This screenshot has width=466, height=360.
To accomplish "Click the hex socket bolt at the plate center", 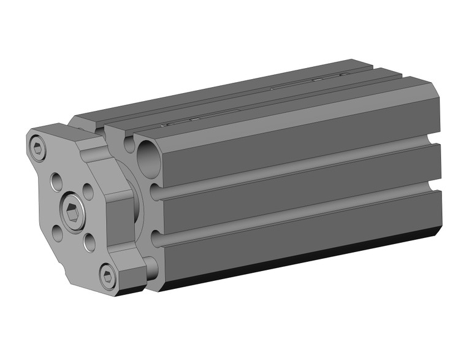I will tap(72, 212).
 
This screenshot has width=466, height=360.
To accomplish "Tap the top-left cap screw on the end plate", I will tap(39, 148).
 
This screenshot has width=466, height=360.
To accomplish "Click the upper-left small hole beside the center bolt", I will tap(56, 182).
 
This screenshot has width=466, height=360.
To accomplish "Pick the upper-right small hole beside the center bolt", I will tap(88, 191).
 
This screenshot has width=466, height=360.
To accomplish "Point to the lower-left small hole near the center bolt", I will tap(57, 232).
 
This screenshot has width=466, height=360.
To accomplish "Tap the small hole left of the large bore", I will tap(129, 145).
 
